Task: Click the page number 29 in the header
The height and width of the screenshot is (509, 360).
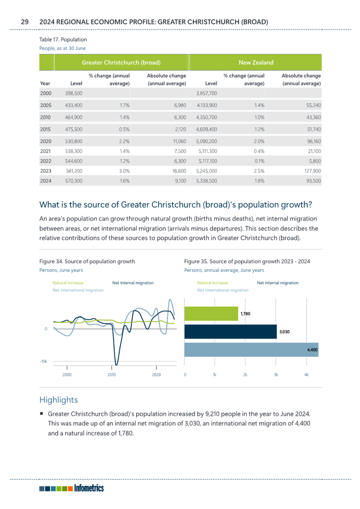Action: pos(25,22)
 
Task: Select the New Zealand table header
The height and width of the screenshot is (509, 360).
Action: pos(256,63)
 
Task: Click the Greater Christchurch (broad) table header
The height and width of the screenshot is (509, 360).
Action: pos(121,63)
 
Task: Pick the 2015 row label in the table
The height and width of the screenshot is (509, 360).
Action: pos(46,129)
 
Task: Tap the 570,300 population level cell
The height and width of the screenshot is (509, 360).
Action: pos(74,181)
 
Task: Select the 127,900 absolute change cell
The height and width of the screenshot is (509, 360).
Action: pos(313,171)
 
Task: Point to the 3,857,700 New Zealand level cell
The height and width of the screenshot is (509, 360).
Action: pos(206,93)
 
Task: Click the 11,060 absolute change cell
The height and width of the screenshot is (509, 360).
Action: pos(180,142)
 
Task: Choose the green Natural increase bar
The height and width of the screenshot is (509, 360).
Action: pos(211,314)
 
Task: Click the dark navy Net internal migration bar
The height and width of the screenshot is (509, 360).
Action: pos(230,332)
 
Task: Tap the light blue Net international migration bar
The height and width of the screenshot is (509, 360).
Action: pos(251,349)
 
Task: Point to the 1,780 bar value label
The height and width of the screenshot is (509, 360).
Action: pos(245,314)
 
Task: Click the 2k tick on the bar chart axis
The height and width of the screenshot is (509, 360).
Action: pos(245,375)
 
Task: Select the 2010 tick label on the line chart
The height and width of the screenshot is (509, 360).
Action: pos(112,375)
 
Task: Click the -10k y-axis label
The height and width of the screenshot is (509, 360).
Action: pos(44,361)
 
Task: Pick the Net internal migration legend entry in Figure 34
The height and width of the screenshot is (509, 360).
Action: pos(133,283)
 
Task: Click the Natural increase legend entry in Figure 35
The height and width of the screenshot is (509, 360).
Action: pos(212,283)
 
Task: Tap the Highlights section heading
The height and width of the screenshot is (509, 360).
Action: pos(59,400)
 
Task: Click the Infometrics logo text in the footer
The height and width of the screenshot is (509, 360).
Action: pos(89,488)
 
